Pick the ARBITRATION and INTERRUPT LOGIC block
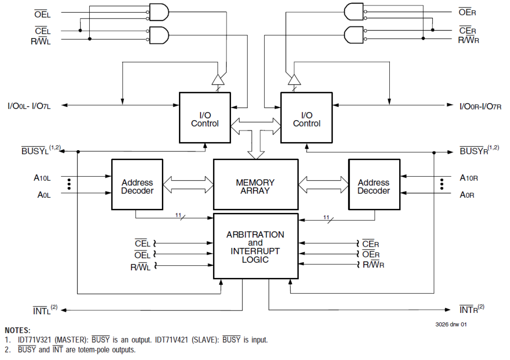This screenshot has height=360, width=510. (x=255, y=247)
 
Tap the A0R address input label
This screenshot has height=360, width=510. (x=467, y=195)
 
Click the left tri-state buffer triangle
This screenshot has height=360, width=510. (x=218, y=80)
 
